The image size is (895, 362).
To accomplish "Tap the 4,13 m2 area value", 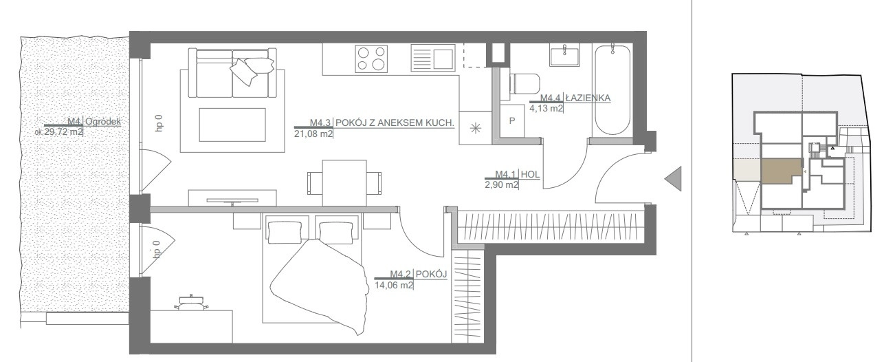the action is (546, 108).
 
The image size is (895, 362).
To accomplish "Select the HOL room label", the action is (530, 174).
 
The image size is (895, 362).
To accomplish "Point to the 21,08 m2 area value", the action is (313, 134).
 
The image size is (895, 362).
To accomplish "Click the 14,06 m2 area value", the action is (394, 285).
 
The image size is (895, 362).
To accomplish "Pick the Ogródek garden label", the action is (103, 122).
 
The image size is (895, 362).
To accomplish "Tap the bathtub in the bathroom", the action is (612, 90).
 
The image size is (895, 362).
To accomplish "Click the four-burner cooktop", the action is (372, 58).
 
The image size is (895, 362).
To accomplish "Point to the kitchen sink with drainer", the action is (432, 58).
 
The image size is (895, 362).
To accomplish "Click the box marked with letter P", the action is (511, 120).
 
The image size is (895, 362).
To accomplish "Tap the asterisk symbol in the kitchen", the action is (475, 128).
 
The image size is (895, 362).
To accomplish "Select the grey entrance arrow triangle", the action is (673, 179).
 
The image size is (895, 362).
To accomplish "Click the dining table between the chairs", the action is (344, 183).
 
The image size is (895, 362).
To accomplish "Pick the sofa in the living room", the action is (232, 73).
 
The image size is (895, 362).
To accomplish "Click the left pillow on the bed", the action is (285, 233).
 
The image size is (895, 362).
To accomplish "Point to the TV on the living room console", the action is (232, 200).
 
